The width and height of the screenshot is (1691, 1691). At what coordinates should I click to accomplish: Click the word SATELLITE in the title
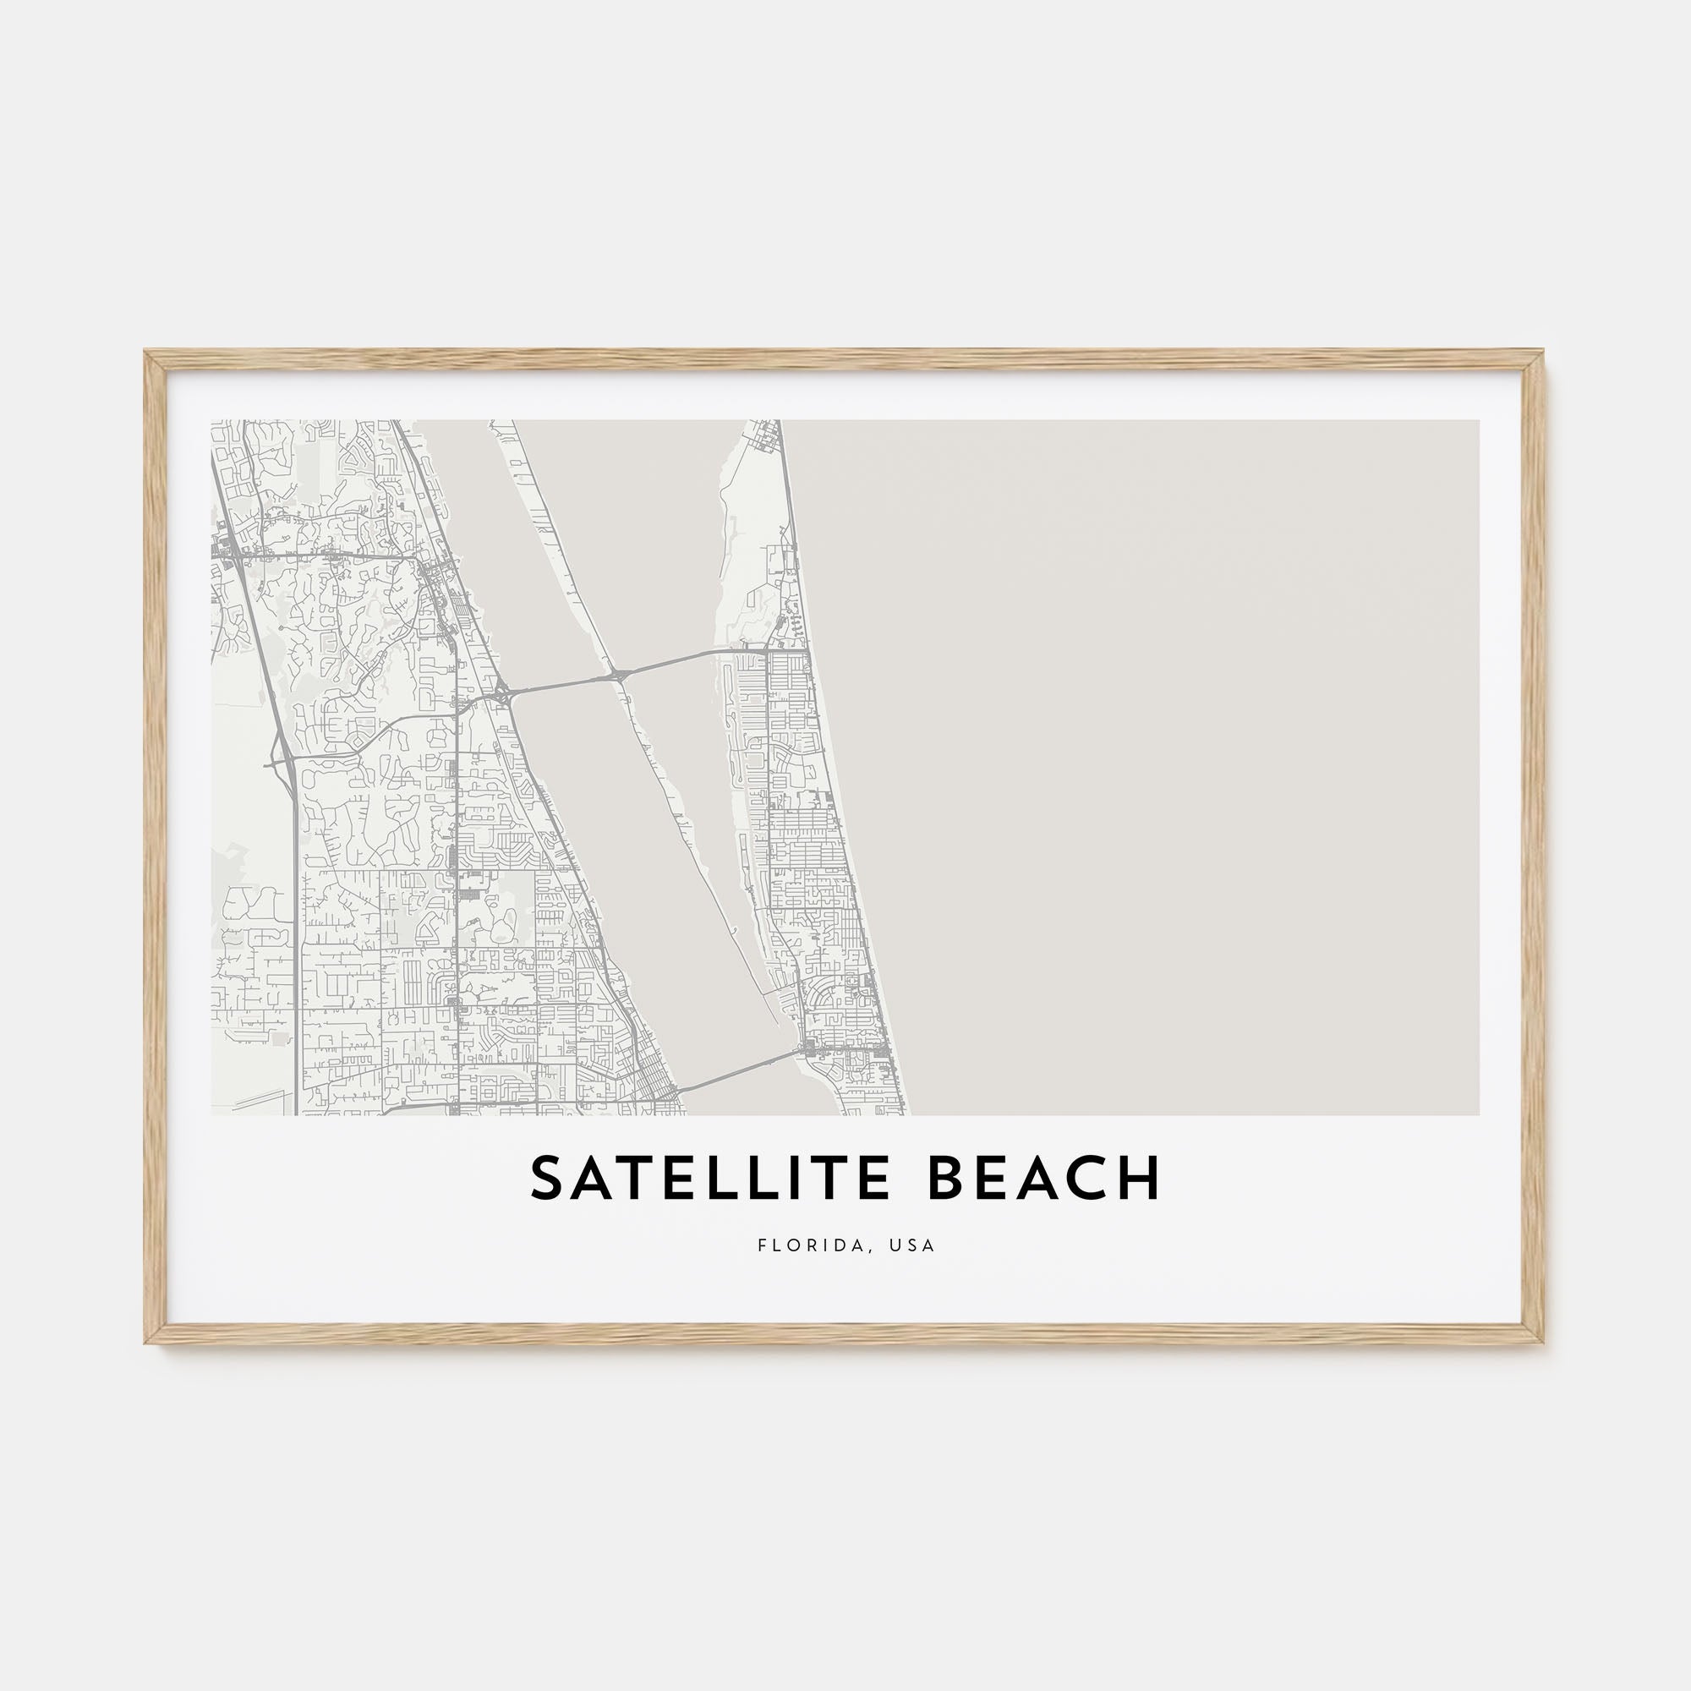click(x=710, y=1179)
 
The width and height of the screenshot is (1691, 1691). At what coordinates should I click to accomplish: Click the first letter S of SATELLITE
click(x=547, y=1179)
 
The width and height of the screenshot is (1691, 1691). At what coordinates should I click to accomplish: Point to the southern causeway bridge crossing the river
click(x=731, y=1073)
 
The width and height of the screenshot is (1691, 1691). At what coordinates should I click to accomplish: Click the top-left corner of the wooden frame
click(x=147, y=353)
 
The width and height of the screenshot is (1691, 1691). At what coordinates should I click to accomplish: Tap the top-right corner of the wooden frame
click(x=1542, y=353)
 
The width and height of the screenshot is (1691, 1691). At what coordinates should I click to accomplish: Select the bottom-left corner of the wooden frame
click(x=147, y=1341)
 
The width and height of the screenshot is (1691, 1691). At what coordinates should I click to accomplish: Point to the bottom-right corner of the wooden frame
click(x=1542, y=1341)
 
